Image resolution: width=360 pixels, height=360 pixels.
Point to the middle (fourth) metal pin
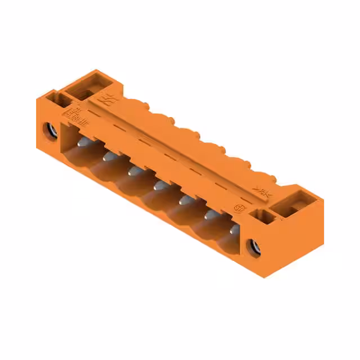pyautogui.click(x=159, y=184)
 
